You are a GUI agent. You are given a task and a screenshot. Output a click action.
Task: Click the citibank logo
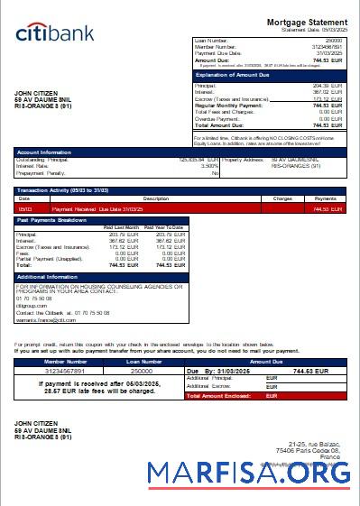[55, 33]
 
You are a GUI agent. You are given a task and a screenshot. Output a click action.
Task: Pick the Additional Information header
[49, 276]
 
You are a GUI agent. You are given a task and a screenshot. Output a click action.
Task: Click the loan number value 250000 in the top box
[333, 41]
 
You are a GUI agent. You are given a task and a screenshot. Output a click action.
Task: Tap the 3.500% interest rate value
[209, 166]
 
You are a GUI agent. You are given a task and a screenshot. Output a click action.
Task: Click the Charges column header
[282, 198]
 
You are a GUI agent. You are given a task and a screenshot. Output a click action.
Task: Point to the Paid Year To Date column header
[165, 227]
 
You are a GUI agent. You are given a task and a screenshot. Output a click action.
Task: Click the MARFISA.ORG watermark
[248, 473]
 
